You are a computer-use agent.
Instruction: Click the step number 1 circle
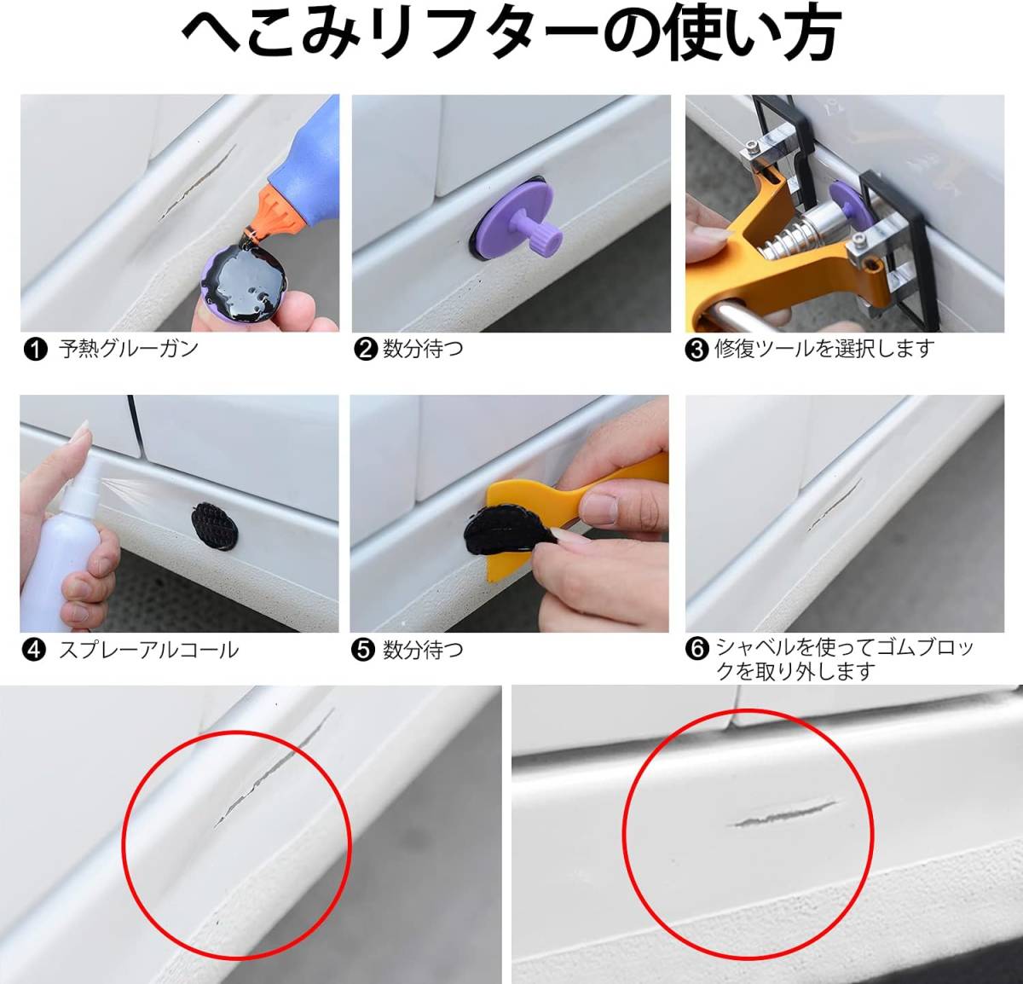[x=36, y=350]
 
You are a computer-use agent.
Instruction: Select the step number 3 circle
[x=697, y=350]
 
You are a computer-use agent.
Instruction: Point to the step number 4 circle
[x=33, y=650]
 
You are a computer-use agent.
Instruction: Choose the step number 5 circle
[x=363, y=650]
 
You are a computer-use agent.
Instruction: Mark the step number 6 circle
[x=697, y=648]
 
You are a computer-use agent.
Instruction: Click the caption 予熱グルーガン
[x=129, y=350]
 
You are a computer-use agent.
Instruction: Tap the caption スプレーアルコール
[x=149, y=650]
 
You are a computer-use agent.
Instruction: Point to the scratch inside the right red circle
[x=782, y=814]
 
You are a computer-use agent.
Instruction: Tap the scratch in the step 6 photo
[x=835, y=503]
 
